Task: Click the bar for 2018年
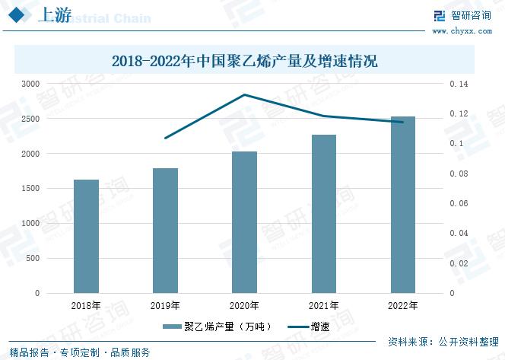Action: [x=86, y=236]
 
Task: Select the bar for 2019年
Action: [x=165, y=230]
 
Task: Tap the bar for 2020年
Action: [x=244, y=221]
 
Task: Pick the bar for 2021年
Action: [x=323, y=213]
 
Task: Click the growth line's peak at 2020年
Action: [x=244, y=94]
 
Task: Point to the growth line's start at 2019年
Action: [x=165, y=138]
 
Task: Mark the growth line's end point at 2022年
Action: [x=402, y=122]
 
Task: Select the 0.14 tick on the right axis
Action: [x=462, y=84]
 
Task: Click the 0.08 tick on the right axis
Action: [x=462, y=174]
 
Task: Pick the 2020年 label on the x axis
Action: [x=244, y=306]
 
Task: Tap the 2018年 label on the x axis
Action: [x=86, y=306]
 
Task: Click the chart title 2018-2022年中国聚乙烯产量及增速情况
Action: [x=245, y=60]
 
